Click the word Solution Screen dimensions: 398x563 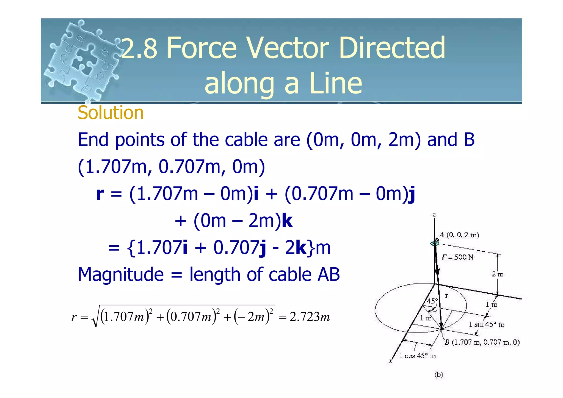(x=111, y=113)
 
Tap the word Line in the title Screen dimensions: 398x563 (x=336, y=83)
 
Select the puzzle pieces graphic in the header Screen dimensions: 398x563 (x=82, y=61)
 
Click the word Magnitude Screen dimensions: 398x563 (x=121, y=275)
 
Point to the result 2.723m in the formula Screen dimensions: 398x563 (x=310, y=317)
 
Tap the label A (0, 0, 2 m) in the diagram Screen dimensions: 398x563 (x=459, y=235)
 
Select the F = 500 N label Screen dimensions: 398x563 (x=457, y=257)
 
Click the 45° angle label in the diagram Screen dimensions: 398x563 (x=432, y=301)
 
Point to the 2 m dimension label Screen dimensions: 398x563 (x=497, y=274)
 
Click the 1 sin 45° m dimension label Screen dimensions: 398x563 (x=487, y=325)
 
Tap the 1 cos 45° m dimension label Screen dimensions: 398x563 (x=417, y=356)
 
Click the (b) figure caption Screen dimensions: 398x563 (x=439, y=375)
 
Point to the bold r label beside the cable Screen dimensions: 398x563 (x=446, y=296)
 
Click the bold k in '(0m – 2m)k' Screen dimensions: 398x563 (x=287, y=221)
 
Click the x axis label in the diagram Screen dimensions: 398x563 (x=391, y=361)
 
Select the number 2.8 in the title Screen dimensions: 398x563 (x=139, y=48)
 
